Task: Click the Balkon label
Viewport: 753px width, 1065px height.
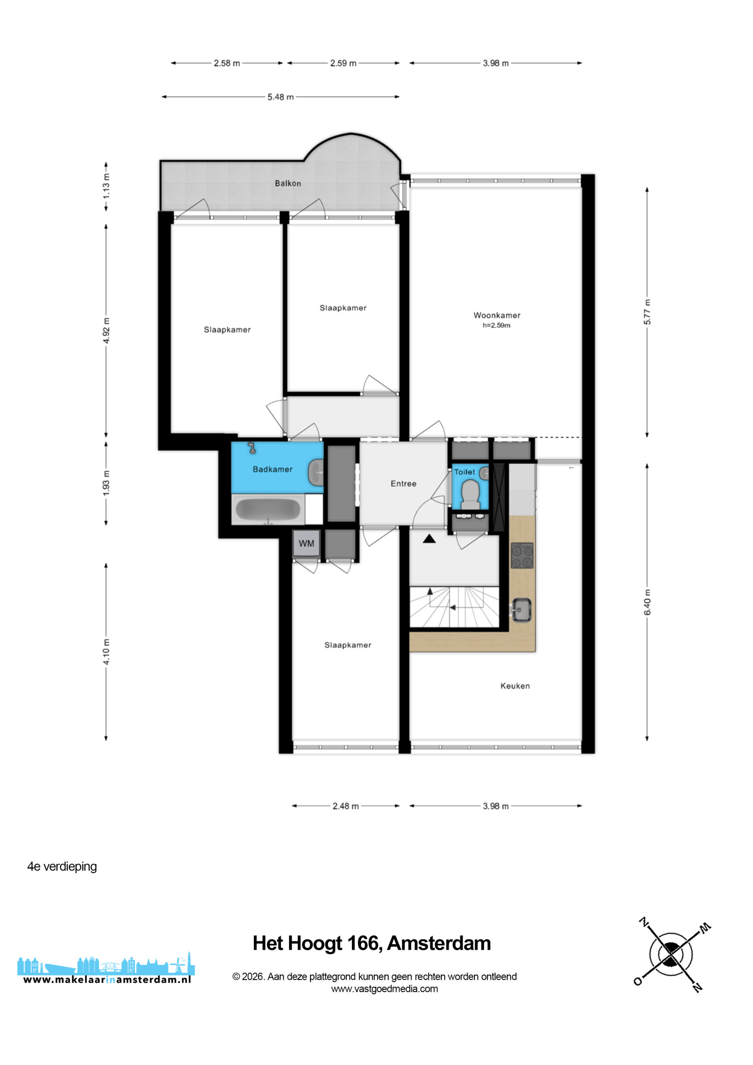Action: tap(287, 183)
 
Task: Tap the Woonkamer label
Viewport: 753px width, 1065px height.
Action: tap(496, 315)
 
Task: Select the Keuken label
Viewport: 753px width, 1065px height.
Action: tap(515, 686)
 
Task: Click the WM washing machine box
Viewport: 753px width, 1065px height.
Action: tap(306, 544)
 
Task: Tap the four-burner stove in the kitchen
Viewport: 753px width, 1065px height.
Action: tap(522, 555)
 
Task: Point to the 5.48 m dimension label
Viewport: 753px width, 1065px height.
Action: tap(280, 97)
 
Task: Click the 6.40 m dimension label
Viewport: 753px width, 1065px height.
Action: tap(647, 602)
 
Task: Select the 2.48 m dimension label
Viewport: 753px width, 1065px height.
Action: tap(346, 806)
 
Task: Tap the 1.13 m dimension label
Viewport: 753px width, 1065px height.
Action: tap(106, 186)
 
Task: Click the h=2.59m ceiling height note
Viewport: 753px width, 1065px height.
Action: tap(496, 325)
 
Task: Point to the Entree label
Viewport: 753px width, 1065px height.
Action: tap(403, 483)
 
